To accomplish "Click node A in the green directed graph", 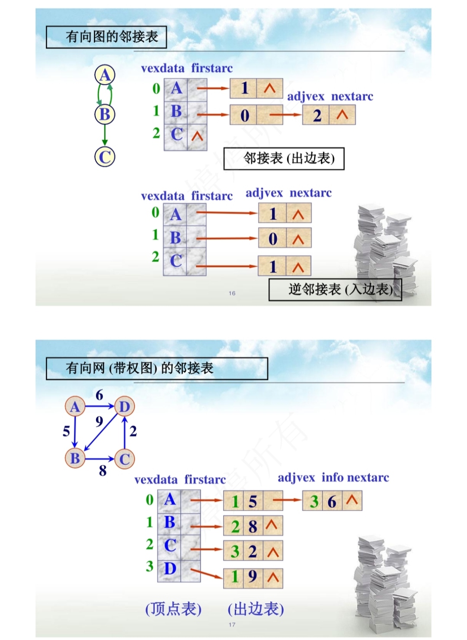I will (x=105, y=75).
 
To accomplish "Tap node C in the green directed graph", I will (x=105, y=157).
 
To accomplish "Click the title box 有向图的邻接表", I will (x=106, y=37).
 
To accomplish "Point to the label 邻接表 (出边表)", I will (x=284, y=158).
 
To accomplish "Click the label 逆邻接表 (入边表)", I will (x=335, y=289).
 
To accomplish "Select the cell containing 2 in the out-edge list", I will (x=317, y=116).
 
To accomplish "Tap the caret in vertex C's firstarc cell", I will (x=197, y=136).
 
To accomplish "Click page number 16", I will (x=232, y=293).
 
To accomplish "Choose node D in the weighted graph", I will (x=125, y=406).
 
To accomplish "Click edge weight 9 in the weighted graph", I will (x=99, y=421).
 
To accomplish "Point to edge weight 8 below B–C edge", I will (x=102, y=470).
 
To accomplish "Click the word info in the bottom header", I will (x=332, y=477).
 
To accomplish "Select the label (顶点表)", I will (x=173, y=609).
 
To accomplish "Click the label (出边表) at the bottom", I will (x=256, y=609).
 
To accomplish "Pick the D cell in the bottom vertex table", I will (x=170, y=568).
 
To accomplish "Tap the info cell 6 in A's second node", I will (x=332, y=501).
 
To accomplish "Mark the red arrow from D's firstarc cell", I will (x=206, y=574).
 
